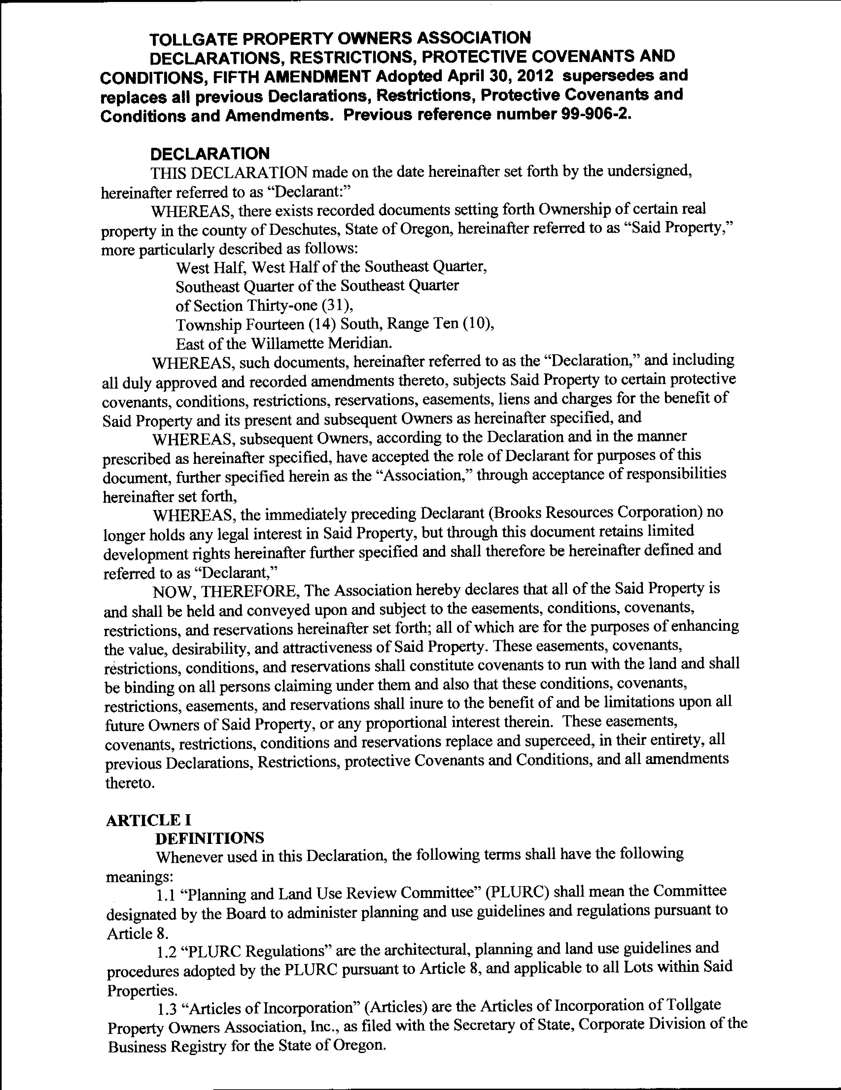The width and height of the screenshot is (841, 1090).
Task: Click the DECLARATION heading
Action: [x=210, y=153]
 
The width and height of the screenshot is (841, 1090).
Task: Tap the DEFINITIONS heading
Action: [x=210, y=838]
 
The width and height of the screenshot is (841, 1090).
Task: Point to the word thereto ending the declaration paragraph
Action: [x=129, y=783]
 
